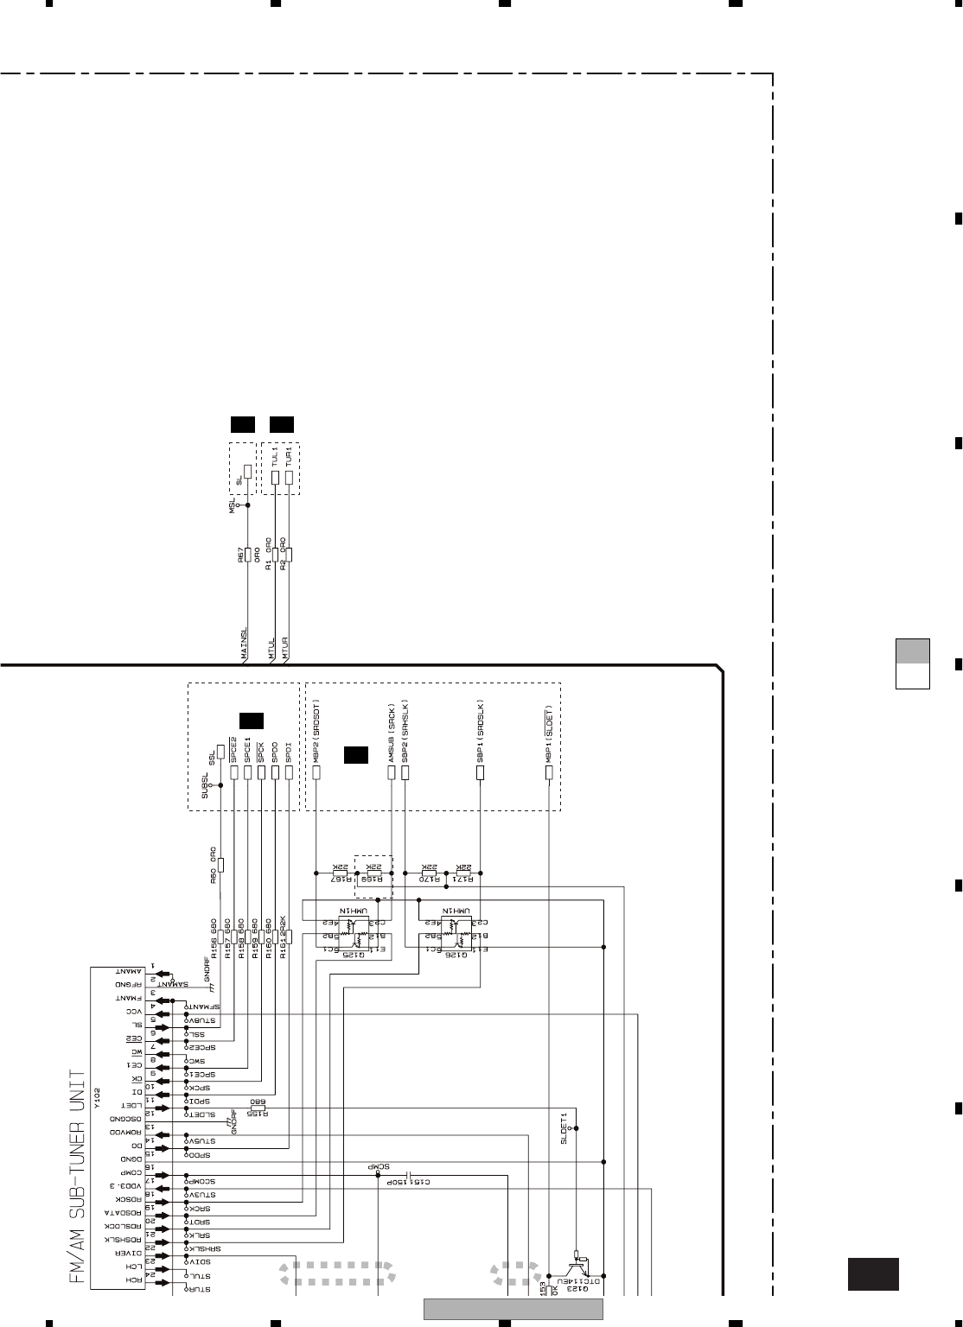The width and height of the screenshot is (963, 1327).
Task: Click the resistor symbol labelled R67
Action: pos(247,554)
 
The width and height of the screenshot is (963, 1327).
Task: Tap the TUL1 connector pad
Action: pos(276,477)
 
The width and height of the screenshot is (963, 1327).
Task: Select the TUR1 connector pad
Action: pos(290,477)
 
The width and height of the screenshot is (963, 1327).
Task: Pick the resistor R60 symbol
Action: pos(221,865)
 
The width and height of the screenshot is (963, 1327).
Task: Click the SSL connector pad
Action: pos(221,750)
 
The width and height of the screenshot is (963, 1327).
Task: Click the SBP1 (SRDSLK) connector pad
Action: pos(481,771)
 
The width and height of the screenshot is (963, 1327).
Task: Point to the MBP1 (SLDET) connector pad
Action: pos(549,771)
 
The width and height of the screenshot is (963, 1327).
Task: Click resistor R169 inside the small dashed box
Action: pos(374,873)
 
